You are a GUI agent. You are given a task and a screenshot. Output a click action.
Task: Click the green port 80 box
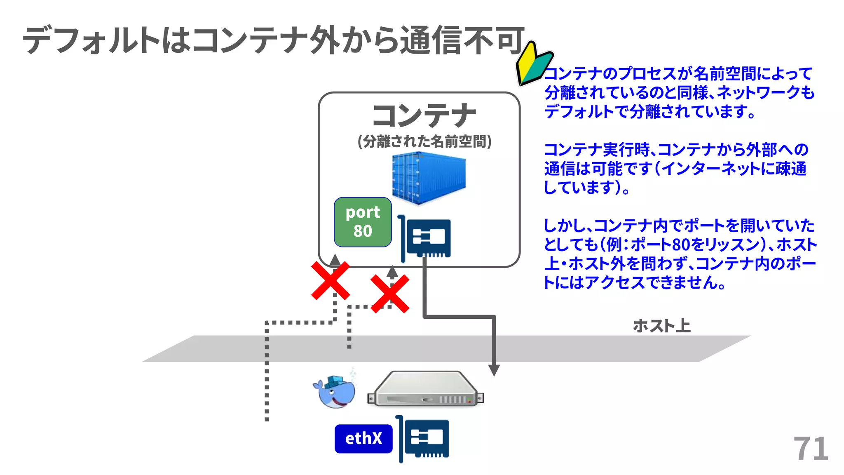(363, 222)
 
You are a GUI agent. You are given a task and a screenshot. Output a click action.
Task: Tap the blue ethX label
(363, 439)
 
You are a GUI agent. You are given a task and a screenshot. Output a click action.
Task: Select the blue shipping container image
(428, 177)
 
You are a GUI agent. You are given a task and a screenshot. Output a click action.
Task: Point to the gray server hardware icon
(425, 389)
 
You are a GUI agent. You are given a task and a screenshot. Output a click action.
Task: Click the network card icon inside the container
(425, 238)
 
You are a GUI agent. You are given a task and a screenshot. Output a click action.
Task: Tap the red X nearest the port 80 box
(331, 280)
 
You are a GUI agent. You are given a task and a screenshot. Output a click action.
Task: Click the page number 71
(811, 449)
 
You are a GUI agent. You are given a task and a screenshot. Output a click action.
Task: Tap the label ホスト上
(661, 326)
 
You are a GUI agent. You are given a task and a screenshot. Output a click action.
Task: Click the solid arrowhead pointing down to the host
(494, 369)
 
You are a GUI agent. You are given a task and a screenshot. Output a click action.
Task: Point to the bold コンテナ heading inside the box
(424, 116)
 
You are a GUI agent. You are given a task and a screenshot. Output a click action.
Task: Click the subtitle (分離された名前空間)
(424, 141)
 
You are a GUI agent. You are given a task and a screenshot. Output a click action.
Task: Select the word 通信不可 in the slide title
(462, 40)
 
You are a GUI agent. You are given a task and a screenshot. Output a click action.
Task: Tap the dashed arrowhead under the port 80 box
(335, 259)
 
